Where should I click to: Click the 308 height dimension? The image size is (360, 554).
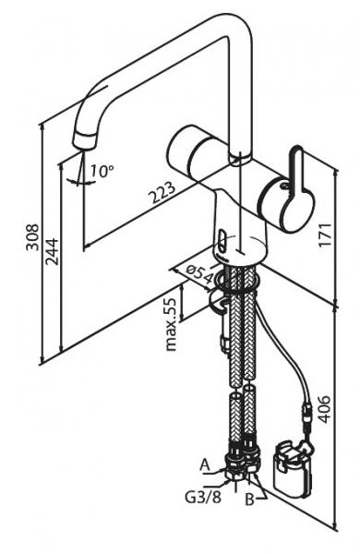(x=32, y=236)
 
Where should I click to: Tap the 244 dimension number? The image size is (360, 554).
(x=51, y=251)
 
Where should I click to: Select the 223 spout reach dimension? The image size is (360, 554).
(x=162, y=193)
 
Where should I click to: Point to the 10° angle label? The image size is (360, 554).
(x=102, y=171)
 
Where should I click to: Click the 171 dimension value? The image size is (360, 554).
(x=325, y=235)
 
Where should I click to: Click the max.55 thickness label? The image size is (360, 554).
(x=171, y=324)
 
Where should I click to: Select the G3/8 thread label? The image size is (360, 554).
(x=203, y=497)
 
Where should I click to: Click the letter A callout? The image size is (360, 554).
(x=205, y=465)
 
